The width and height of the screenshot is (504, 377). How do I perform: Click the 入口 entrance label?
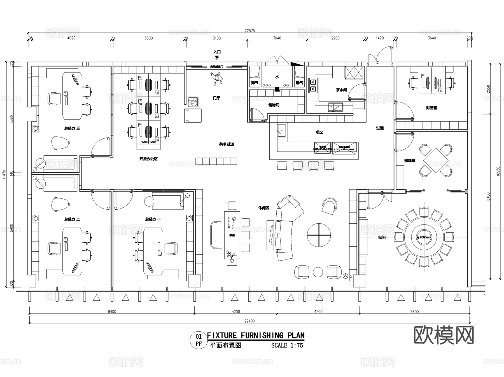tap(217, 52)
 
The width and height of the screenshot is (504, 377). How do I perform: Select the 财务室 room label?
tap(431, 108)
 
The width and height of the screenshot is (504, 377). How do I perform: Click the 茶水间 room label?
tap(341, 90)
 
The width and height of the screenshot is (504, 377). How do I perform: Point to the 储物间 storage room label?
tap(274, 105)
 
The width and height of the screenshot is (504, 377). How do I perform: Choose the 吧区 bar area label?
tap(319, 132)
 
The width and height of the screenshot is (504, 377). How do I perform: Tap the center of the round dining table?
tap(423, 237)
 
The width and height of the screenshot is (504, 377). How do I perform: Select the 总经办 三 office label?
tap(72, 128)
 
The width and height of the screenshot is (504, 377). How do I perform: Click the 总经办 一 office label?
tap(153, 219)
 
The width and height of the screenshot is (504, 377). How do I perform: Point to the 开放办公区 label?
tap(148, 159)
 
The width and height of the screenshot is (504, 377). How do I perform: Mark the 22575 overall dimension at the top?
tap(250, 31)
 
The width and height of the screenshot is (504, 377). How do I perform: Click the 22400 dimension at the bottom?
tap(249, 321)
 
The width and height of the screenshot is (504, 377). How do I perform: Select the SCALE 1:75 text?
tap(287, 345)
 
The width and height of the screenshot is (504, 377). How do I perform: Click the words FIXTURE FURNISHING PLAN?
tap(256, 335)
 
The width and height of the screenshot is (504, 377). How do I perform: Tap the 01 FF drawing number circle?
tap(199, 340)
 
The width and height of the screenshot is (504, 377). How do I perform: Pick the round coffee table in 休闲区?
tap(319, 235)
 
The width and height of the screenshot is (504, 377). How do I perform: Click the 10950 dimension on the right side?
tap(498, 171)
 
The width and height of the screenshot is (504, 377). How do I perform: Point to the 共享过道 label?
tap(227, 144)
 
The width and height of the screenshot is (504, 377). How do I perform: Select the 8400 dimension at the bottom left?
tap(112, 312)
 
